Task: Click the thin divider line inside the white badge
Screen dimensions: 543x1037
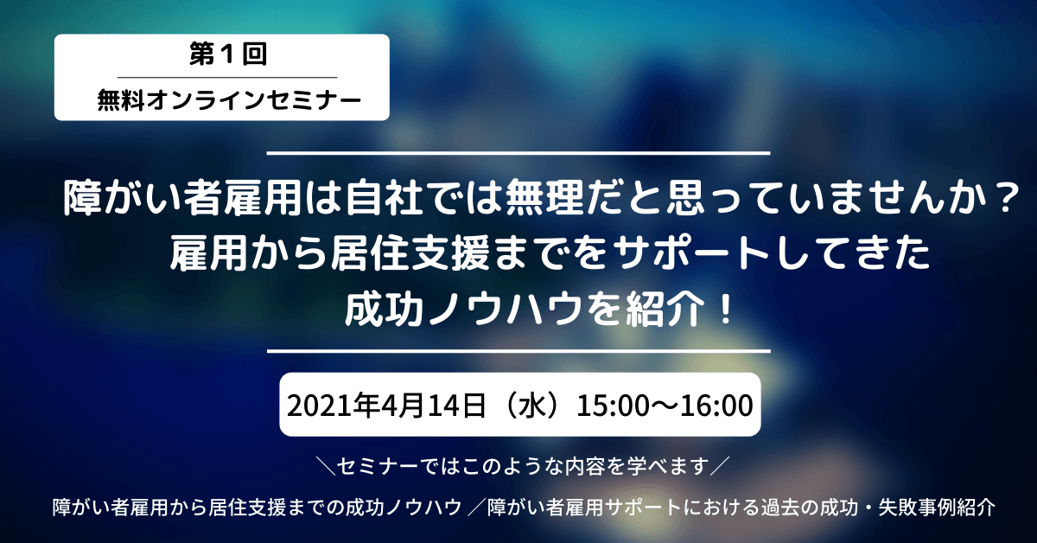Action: pos(221,78)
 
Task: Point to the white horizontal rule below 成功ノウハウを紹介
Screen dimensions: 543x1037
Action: pos(518,351)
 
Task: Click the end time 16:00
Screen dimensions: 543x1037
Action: pos(712,405)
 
